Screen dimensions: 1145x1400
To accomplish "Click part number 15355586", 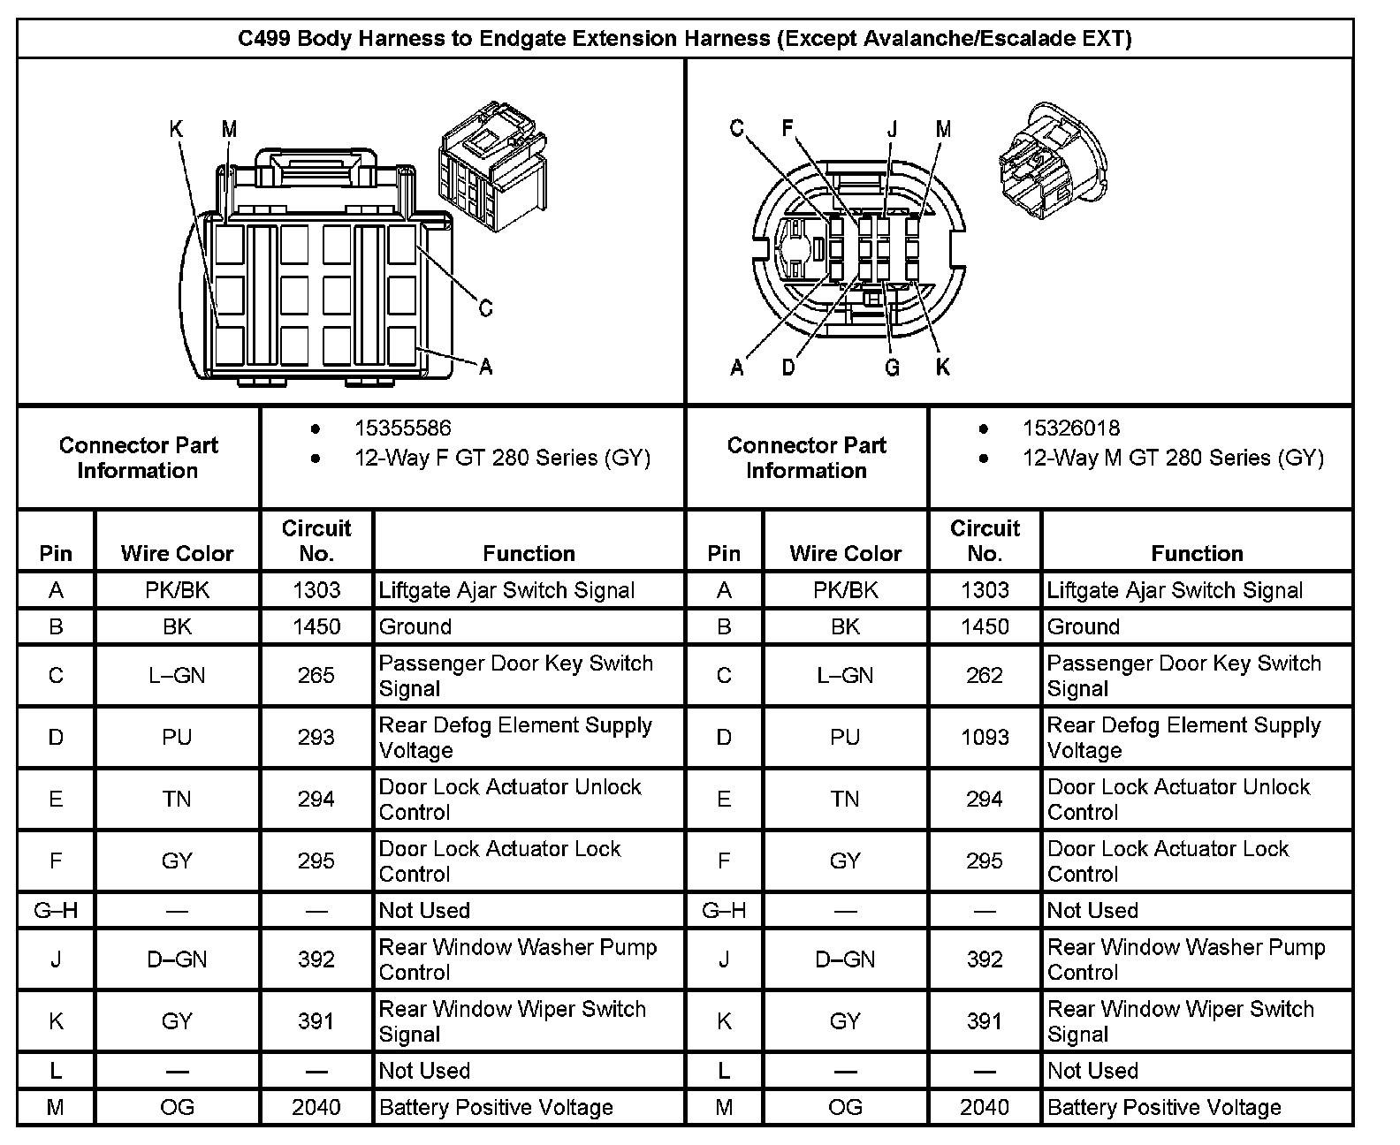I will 402,428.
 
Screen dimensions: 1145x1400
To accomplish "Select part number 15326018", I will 1070,428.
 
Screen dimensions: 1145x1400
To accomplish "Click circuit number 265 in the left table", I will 316,676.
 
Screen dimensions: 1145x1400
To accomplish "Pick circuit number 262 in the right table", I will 984,676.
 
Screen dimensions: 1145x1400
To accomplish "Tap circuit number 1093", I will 984,738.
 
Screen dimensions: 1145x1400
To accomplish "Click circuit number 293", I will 316,738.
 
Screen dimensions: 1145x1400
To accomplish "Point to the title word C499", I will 265,38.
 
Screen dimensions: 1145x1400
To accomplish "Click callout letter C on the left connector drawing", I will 485,308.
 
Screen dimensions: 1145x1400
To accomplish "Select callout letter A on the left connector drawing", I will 485,367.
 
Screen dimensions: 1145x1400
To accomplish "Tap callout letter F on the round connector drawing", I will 787,129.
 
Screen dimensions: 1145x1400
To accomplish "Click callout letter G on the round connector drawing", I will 892,368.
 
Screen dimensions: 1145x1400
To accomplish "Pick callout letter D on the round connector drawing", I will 788,368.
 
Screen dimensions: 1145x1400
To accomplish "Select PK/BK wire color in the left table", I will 177,590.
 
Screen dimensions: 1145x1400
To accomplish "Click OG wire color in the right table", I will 845,1107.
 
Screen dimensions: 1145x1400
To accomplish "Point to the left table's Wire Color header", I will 177,554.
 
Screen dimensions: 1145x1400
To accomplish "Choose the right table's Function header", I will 1197,554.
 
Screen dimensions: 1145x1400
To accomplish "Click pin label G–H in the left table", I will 56,911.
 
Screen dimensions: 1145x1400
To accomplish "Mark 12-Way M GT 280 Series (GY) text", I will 1173,458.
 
